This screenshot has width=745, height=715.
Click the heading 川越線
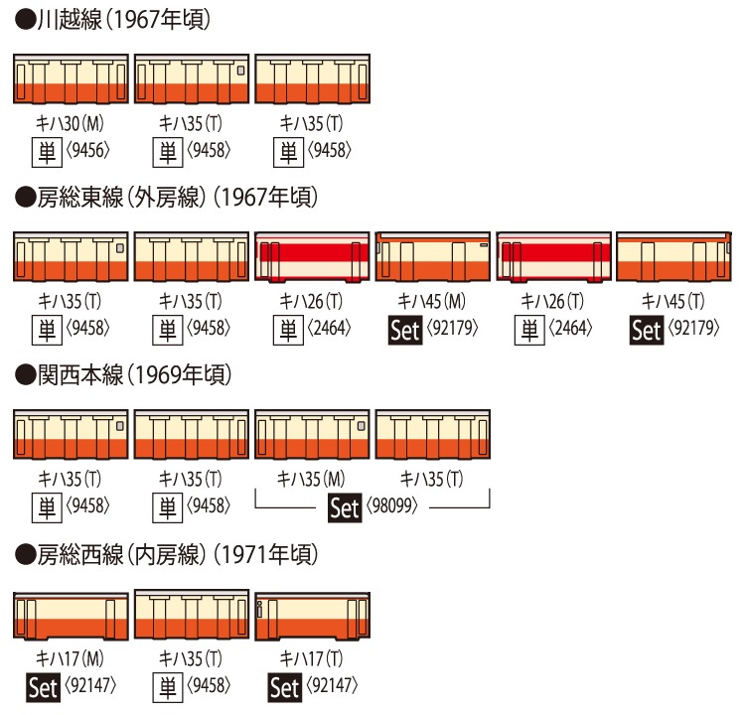tap(70, 21)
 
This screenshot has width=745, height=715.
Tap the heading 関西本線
tap(80, 375)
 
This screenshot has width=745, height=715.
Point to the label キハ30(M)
tap(70, 124)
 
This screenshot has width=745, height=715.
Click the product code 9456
tap(87, 151)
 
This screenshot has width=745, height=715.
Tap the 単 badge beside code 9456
tap(47, 152)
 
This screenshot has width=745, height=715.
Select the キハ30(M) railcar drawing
tap(71, 78)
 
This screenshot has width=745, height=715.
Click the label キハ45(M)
tap(431, 302)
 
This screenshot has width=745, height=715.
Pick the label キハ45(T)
tap(672, 302)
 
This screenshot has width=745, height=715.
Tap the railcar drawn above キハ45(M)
tap(432, 256)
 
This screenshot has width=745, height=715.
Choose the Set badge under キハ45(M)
tap(405, 330)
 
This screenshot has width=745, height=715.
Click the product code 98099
tap(392, 506)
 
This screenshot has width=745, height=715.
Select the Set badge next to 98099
tap(345, 507)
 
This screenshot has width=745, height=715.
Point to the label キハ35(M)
tap(311, 480)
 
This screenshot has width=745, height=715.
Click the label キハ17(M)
tap(70, 659)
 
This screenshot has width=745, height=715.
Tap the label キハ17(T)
tap(311, 659)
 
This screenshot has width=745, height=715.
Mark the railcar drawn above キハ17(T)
tap(312, 616)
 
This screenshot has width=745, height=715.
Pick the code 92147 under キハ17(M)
tap(90, 685)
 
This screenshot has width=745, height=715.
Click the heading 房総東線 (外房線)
tap(121, 198)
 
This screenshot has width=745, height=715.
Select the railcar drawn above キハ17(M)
tap(71, 616)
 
